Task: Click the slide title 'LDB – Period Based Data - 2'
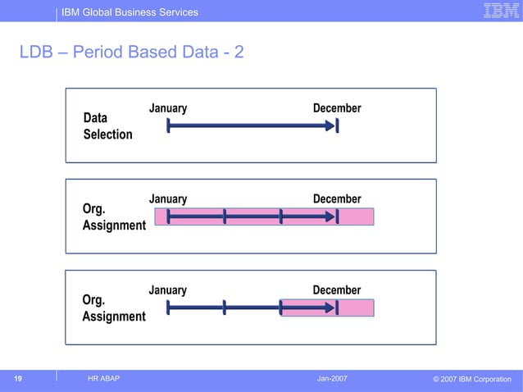132,53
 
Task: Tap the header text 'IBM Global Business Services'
130,12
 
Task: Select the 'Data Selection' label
107,126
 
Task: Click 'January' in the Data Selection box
167,109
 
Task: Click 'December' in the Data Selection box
337,109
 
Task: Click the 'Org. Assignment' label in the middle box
114,217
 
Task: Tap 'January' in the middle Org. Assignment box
167,199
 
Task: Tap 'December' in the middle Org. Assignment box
337,199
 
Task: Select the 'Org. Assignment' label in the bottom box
114,308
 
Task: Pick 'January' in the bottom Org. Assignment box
167,290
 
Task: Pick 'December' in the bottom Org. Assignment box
337,290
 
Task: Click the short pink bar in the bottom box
327,308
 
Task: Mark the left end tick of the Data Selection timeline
168,126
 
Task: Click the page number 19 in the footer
17,378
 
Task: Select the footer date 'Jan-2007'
332,378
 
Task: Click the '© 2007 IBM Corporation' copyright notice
471,379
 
